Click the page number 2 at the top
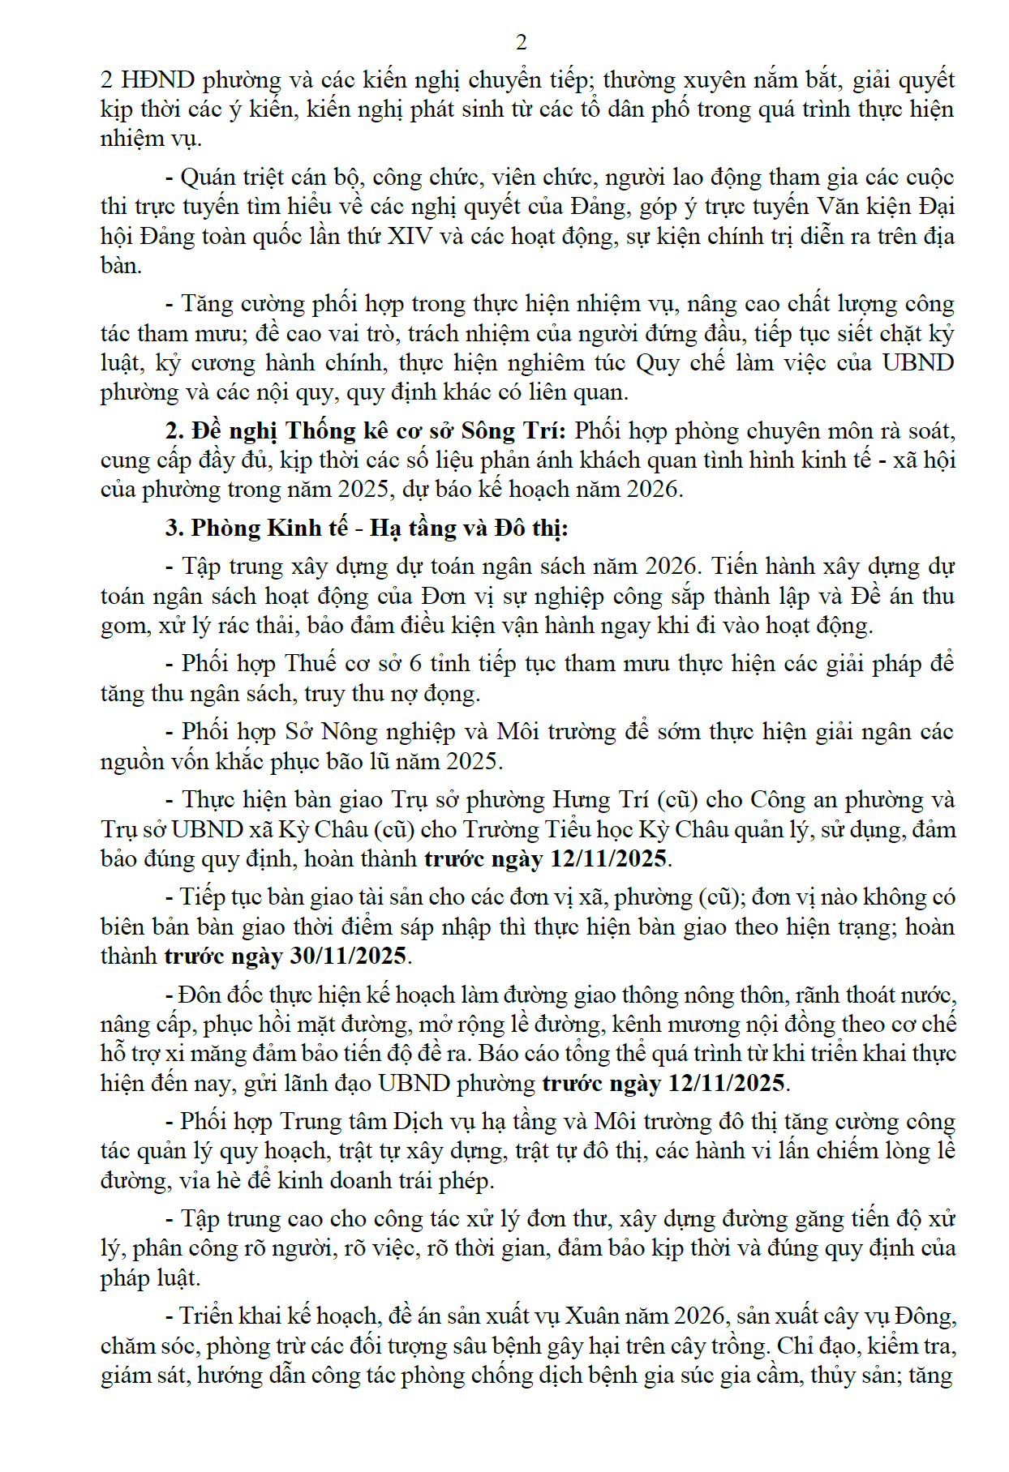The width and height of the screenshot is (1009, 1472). click(521, 42)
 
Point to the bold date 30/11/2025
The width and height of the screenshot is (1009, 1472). click(348, 956)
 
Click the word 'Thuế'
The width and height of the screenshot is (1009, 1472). click(311, 664)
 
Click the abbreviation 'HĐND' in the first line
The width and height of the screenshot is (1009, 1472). click(157, 80)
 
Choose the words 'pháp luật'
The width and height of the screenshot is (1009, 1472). click(148, 1278)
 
